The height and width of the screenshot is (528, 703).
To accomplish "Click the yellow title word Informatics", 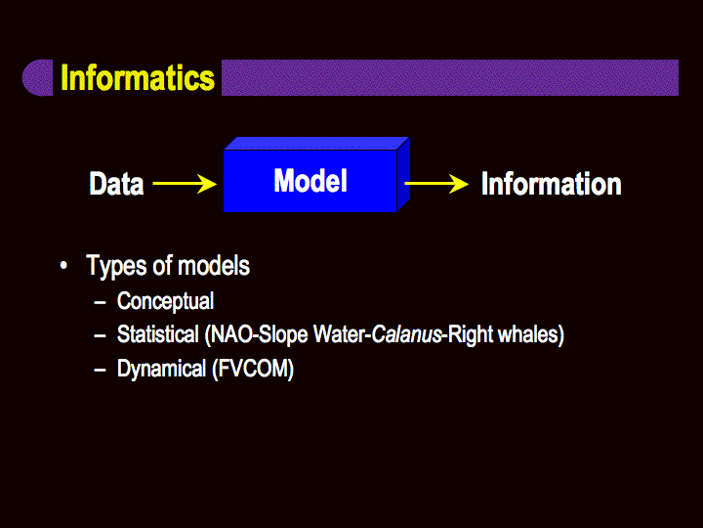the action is (138, 77).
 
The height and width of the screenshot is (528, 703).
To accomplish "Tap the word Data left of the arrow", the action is (116, 184).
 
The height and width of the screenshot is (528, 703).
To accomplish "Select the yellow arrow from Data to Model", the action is (185, 184).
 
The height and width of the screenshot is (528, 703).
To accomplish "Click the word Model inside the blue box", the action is (310, 181).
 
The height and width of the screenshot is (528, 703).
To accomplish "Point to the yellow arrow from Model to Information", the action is (436, 184).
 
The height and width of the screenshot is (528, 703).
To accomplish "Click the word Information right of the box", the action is (552, 184).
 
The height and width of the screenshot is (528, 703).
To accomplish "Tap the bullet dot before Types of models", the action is (63, 265).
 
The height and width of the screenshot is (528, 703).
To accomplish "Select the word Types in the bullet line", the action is (116, 266).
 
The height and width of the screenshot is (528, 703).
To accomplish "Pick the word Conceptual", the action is (165, 301).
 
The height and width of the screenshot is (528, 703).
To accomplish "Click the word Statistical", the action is (158, 334).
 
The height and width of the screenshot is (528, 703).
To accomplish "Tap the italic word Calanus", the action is (407, 335).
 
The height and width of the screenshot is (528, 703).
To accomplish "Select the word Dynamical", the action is (161, 369).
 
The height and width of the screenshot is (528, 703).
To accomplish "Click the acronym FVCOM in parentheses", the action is (253, 369).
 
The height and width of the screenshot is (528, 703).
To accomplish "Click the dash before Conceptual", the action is (100, 302).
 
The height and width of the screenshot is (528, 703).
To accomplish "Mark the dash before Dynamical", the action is (100, 370).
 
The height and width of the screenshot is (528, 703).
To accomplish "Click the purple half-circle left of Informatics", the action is (38, 77).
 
